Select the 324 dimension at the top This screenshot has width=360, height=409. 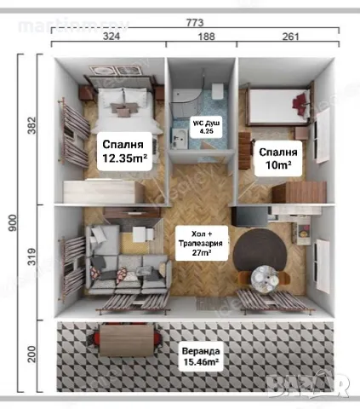pos(110,38)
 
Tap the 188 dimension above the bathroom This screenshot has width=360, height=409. pos(203,38)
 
